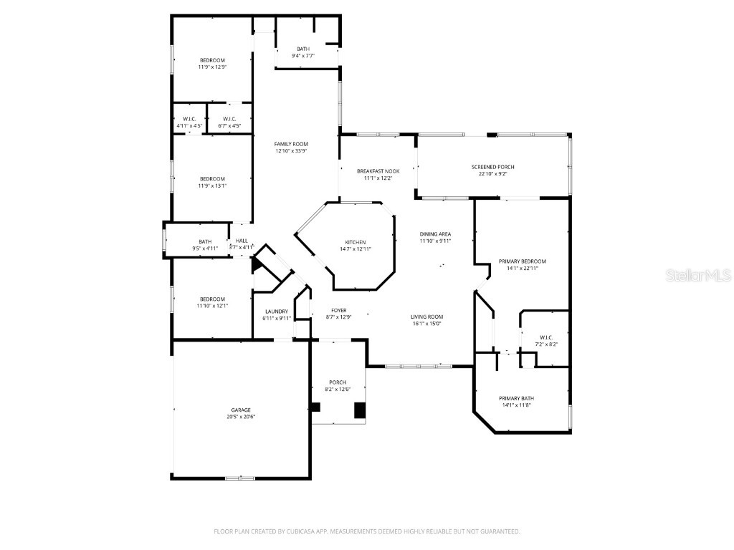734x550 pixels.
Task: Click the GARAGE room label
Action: [241, 410]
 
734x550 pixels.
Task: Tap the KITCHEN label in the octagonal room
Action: [355, 242]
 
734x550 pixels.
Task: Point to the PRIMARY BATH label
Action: [516, 398]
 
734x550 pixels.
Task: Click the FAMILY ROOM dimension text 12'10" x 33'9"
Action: [291, 151]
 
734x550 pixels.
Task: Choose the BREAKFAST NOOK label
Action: [378, 171]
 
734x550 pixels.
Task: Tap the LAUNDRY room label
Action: [276, 312]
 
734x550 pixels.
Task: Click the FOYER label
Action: [339, 311]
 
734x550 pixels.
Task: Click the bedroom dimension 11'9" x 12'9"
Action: [212, 67]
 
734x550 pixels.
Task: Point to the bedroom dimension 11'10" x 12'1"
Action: [212, 307]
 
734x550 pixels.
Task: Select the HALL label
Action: [242, 241]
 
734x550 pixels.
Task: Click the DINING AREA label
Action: [435, 234]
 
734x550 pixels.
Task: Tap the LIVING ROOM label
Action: [426, 317]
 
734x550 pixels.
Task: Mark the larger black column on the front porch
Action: [361, 410]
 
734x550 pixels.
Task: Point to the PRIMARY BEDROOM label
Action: [522, 261]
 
